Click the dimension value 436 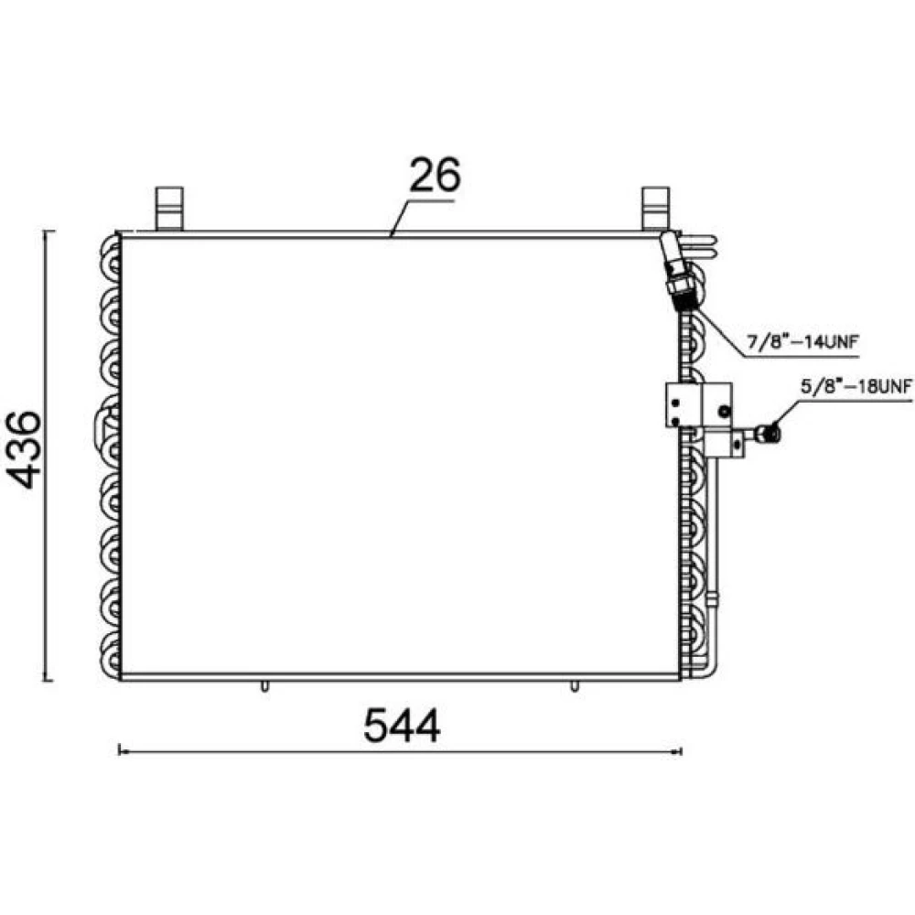pos(25,449)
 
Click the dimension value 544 pos(402,726)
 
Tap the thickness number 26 pos(435,174)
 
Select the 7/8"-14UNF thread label pos(803,340)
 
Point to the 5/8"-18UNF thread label pos(856,387)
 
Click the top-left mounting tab pos(169,209)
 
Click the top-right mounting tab pos(655,209)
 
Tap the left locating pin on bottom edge pos(264,685)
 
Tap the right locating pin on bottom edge pos(575,685)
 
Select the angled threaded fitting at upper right pos(678,272)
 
